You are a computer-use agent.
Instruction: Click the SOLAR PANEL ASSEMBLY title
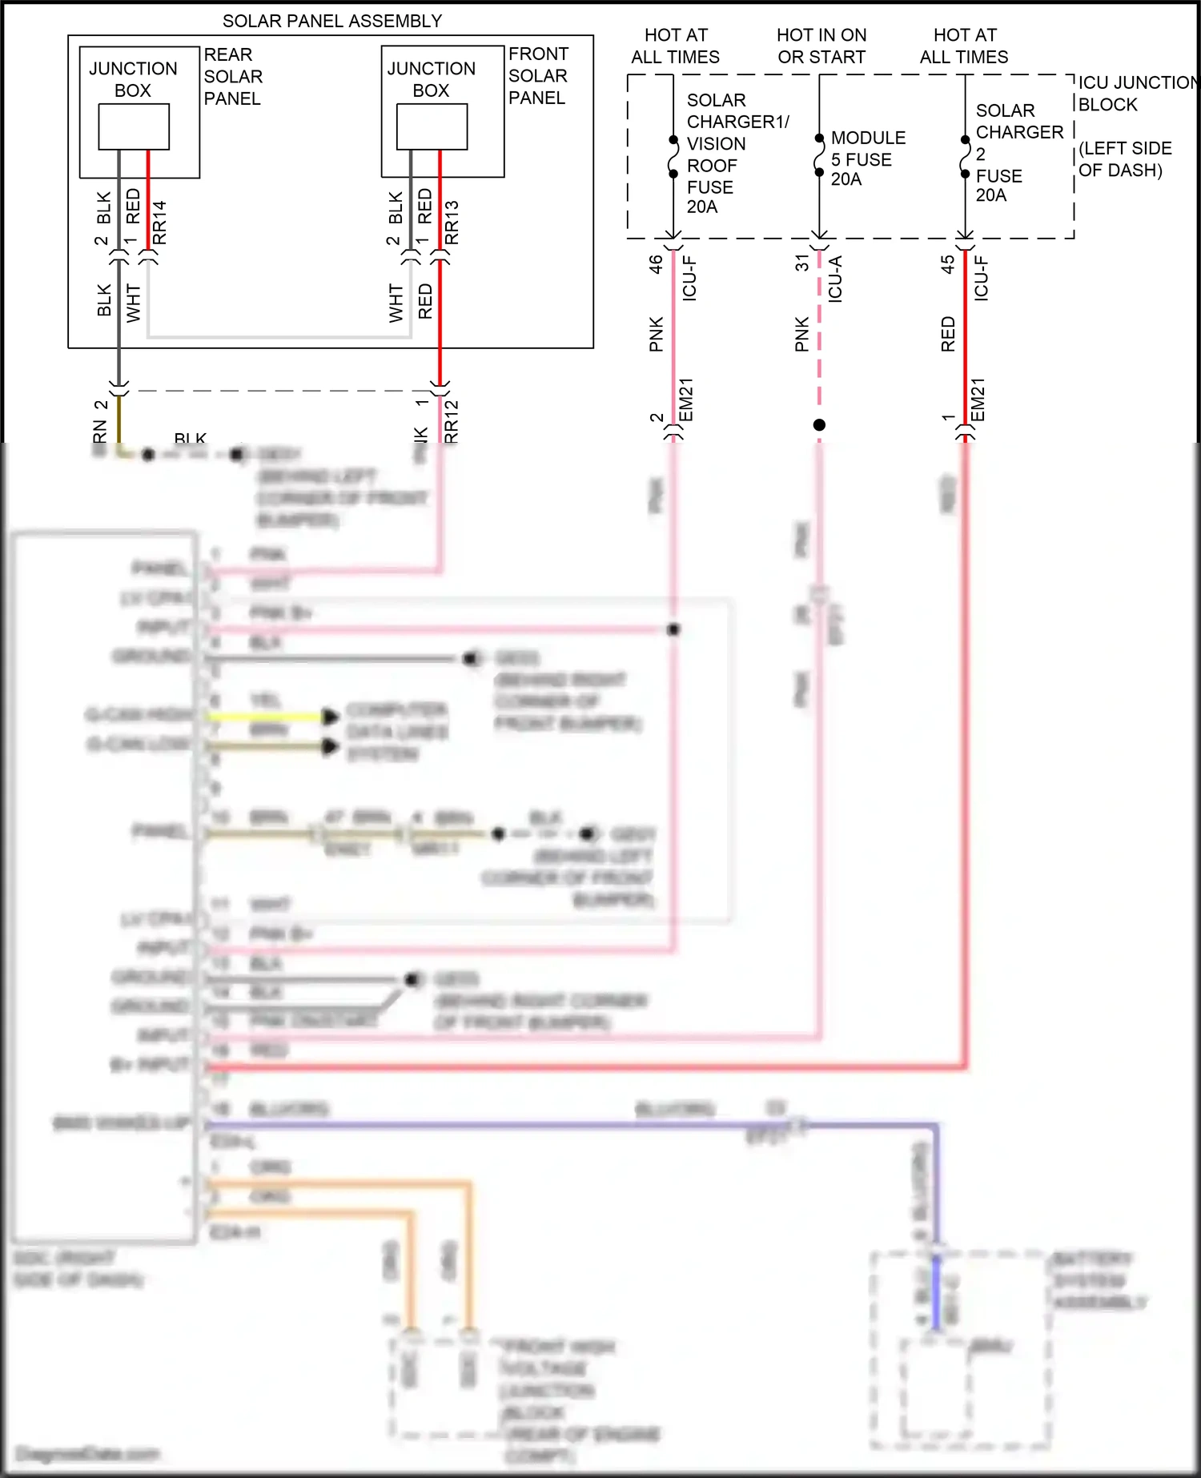click(x=331, y=21)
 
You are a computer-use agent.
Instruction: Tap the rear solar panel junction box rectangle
click(x=134, y=128)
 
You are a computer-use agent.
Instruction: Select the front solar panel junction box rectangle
click(x=432, y=128)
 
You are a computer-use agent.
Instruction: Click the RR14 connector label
click(x=159, y=223)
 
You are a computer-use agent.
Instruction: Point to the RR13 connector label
click(x=452, y=223)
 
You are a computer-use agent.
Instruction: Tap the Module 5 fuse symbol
click(x=818, y=155)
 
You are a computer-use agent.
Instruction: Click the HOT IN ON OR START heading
click(x=821, y=46)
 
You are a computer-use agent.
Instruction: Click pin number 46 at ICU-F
click(x=656, y=264)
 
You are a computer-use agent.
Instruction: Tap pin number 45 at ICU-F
click(x=948, y=264)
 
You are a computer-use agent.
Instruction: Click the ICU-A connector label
click(x=835, y=278)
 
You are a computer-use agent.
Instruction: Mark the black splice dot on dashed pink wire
click(x=819, y=425)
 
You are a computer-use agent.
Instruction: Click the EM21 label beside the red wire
click(x=978, y=400)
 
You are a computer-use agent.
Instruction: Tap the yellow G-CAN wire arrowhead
click(x=330, y=717)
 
